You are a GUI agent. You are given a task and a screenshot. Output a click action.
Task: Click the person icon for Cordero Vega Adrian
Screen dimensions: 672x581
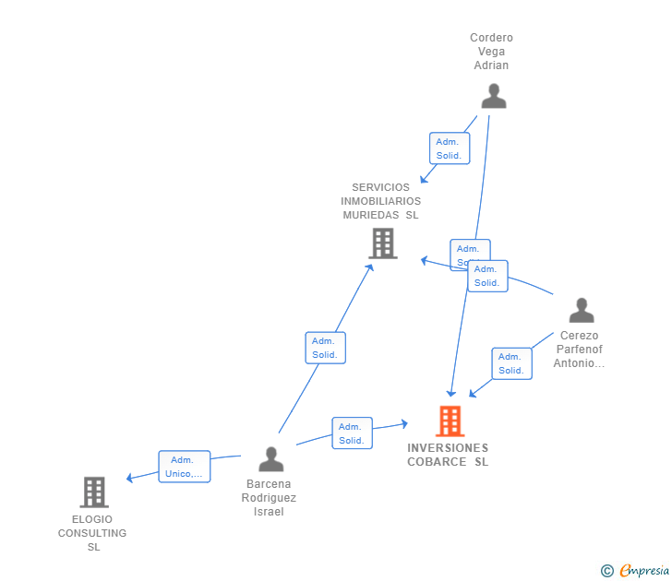(494, 96)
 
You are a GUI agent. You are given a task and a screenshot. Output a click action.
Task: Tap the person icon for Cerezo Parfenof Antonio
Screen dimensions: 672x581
(582, 310)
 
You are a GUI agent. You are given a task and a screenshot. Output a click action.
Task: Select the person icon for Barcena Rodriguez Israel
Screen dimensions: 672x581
(271, 459)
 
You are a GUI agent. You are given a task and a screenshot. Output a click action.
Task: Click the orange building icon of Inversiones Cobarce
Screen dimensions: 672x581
(450, 421)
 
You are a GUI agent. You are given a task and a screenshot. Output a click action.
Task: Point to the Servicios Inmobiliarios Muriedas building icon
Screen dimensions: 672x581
(382, 243)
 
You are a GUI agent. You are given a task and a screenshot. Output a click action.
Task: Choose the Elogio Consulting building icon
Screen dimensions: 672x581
(94, 492)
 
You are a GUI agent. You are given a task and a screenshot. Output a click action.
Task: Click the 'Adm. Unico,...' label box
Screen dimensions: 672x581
(185, 467)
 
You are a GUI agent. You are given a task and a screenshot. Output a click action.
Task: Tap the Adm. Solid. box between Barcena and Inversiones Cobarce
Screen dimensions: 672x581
(352, 433)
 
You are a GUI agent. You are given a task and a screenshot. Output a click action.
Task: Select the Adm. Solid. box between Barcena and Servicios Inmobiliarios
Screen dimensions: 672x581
(325, 348)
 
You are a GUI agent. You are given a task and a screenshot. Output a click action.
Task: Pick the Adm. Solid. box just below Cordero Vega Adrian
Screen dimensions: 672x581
(450, 148)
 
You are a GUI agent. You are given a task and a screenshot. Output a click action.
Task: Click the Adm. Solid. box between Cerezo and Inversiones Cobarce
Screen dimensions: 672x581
(511, 363)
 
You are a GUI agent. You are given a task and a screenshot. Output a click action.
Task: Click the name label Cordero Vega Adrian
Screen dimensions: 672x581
(491, 52)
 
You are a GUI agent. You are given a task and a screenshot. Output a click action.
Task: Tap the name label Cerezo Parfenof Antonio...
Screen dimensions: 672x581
(579, 350)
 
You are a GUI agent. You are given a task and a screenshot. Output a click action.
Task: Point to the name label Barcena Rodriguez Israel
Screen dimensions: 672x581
(269, 498)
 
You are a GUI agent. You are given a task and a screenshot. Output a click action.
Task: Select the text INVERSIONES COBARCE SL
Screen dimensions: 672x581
(449, 455)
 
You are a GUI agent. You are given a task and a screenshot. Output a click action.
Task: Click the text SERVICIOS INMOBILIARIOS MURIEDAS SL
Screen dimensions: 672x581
(380, 201)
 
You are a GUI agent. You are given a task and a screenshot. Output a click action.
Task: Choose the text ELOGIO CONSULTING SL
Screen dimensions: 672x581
(92, 533)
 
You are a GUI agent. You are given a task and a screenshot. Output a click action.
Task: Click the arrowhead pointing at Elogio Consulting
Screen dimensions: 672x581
(130, 478)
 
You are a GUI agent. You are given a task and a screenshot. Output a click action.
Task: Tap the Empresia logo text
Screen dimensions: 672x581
(644, 571)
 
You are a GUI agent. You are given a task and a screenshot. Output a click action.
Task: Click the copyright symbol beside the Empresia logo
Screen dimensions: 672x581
(606, 572)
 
